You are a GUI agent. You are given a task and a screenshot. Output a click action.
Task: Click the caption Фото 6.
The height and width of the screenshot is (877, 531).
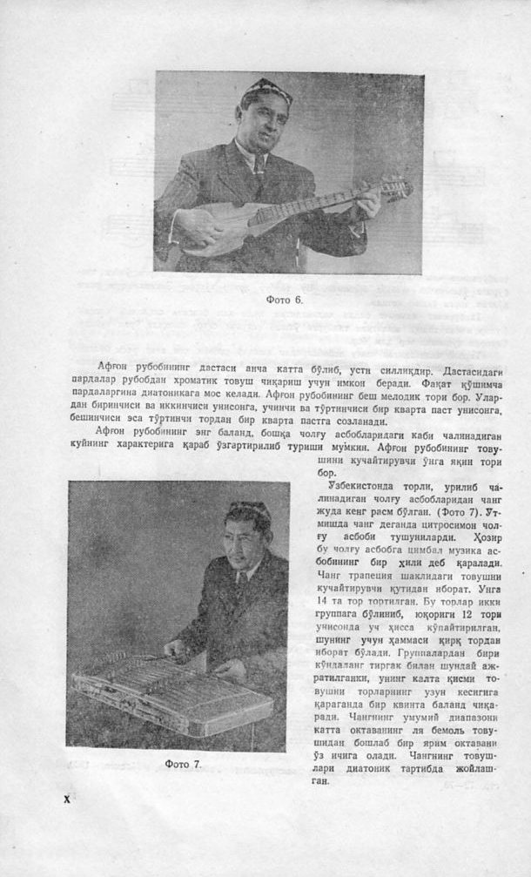coord(284,300)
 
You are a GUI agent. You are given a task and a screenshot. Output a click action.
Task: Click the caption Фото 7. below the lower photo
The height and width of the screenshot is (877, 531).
coord(183,764)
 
